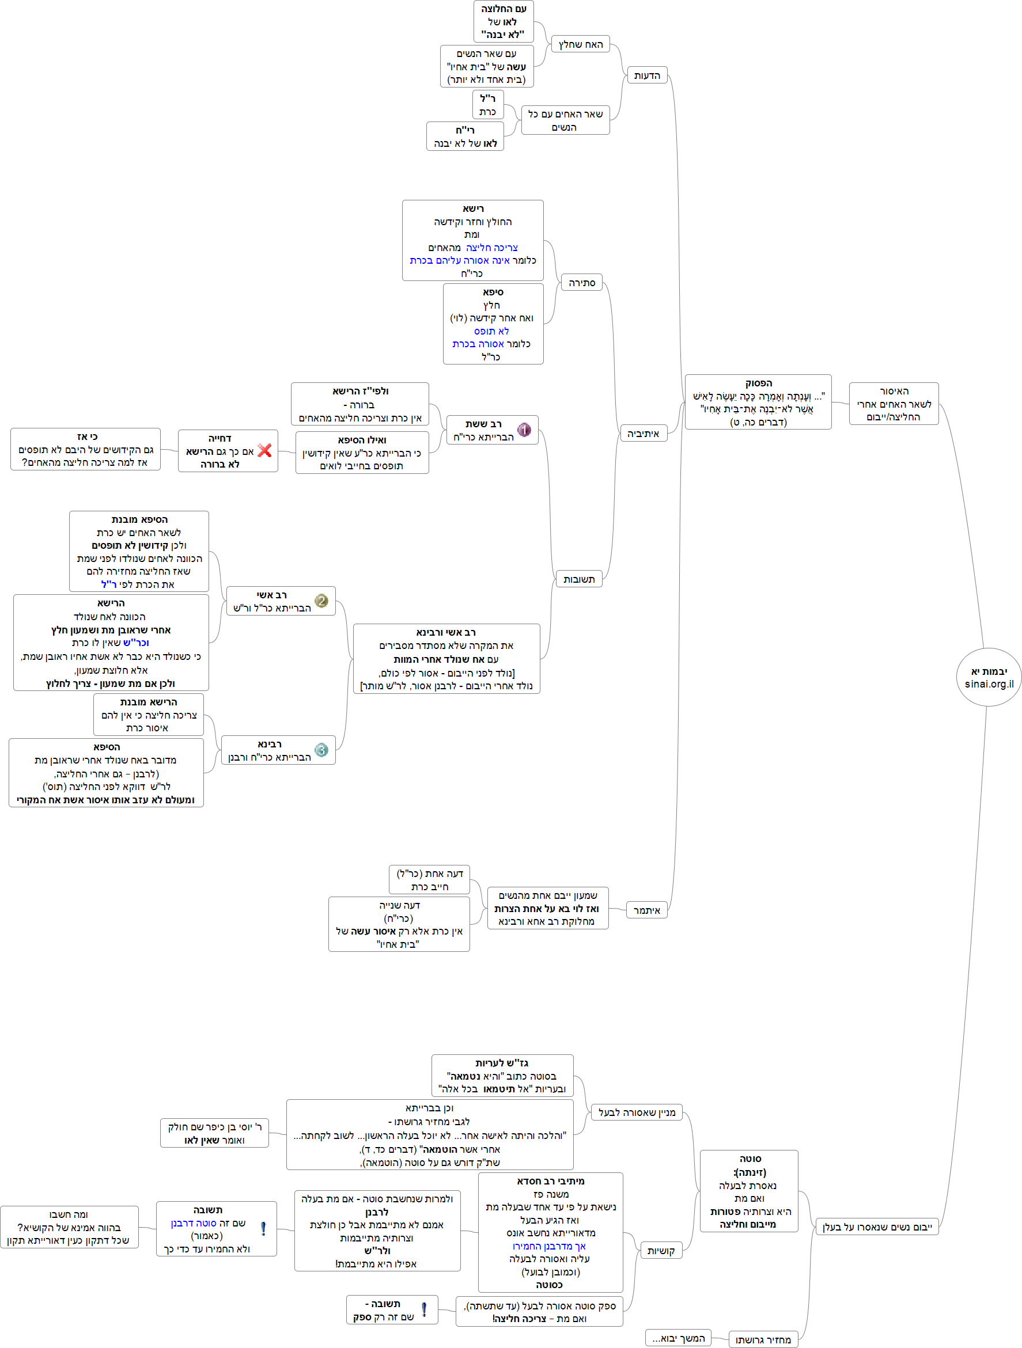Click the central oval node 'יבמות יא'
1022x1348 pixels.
pos(989,677)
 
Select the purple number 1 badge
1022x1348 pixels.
pos(524,430)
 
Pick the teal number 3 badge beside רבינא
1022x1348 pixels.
pos(321,750)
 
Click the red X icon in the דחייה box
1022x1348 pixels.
pos(264,450)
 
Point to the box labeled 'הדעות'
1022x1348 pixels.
pos(647,75)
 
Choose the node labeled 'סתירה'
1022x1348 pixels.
pos(581,283)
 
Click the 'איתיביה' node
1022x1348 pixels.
pos(644,433)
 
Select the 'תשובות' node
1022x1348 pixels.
pos(578,579)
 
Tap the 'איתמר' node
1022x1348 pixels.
pos(647,910)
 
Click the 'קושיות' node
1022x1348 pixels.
pos(661,1251)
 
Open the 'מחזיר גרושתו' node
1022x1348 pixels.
pos(763,1339)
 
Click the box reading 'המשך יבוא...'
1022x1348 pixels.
pos(678,1338)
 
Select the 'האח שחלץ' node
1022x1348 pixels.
pos(581,44)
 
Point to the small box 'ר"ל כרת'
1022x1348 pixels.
pos(488,105)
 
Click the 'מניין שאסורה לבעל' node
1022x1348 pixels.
pos(637,1112)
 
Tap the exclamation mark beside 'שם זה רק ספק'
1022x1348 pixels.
pos(424,1309)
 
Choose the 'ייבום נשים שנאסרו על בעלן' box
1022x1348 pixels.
pos(877,1227)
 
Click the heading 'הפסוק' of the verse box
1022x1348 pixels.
pos(759,383)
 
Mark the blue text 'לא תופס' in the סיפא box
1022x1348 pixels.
pos(491,331)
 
